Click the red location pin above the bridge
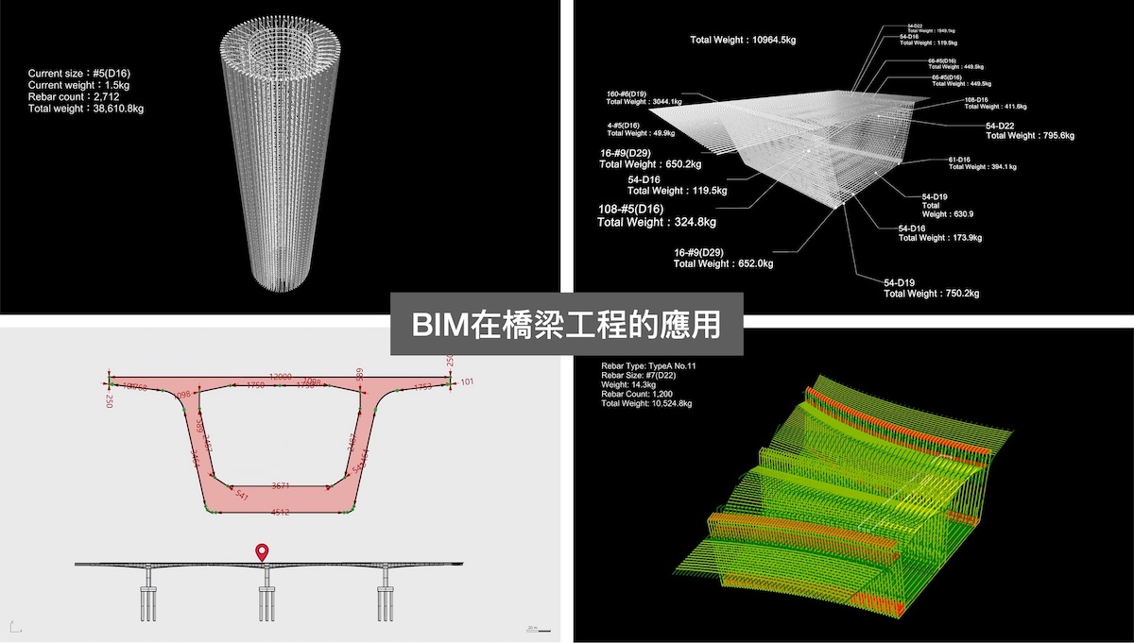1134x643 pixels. click(262, 552)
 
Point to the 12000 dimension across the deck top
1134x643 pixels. click(281, 376)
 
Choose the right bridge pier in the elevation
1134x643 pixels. click(386, 597)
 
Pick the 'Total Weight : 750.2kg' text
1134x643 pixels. click(931, 294)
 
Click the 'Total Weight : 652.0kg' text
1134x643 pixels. click(723, 264)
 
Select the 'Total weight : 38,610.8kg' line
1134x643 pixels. click(85, 109)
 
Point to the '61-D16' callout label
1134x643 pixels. click(959, 160)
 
